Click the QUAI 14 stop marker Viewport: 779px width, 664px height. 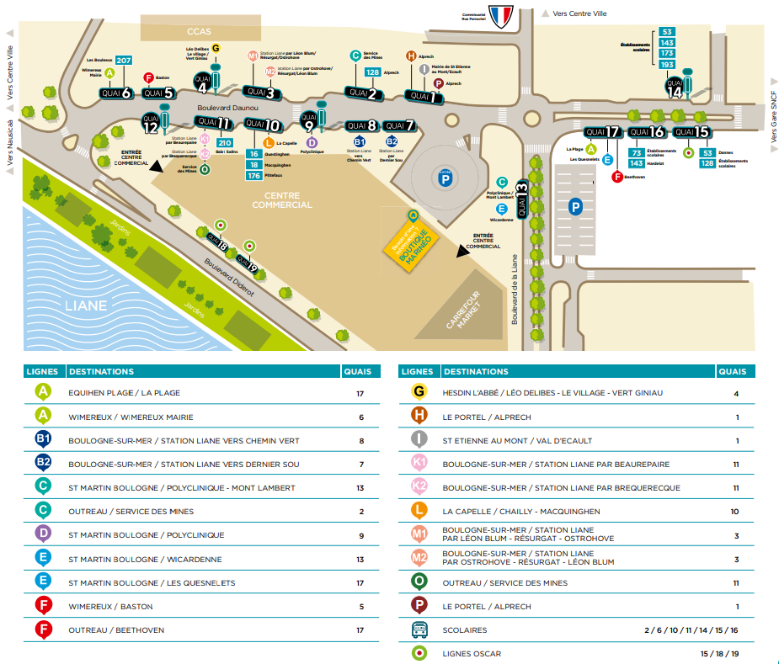(674, 88)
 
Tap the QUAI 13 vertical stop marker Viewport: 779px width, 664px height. (522, 200)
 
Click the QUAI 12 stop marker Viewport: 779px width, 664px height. (150, 125)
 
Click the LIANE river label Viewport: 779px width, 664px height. (86, 305)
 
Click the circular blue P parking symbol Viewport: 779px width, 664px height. (444, 178)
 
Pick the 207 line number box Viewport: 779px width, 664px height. (124, 60)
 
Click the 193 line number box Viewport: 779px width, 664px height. (668, 65)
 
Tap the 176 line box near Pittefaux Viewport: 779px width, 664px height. (253, 176)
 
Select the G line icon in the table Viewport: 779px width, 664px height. (419, 392)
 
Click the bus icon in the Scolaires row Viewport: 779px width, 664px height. (419, 629)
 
